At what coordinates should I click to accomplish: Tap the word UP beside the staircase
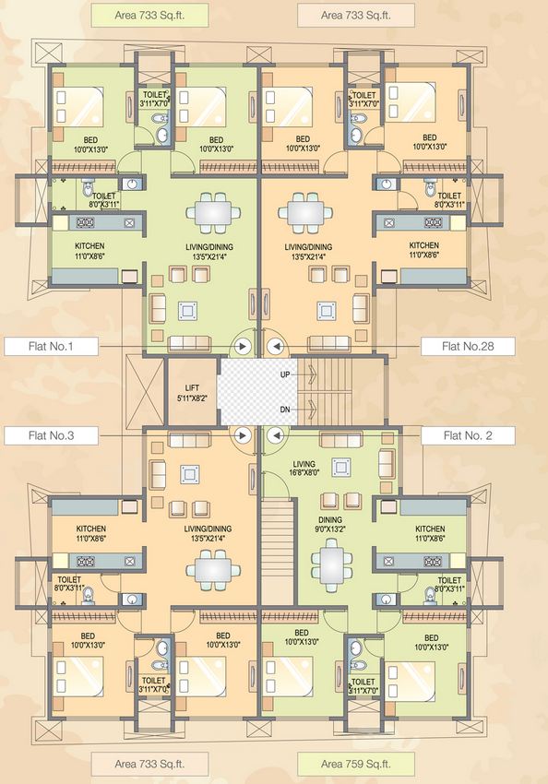coord(286,375)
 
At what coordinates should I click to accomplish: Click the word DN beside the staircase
coord(286,410)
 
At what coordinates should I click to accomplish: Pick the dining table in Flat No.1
coord(213,212)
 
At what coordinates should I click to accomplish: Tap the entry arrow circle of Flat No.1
coord(244,347)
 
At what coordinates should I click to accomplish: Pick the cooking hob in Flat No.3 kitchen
coord(88,560)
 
